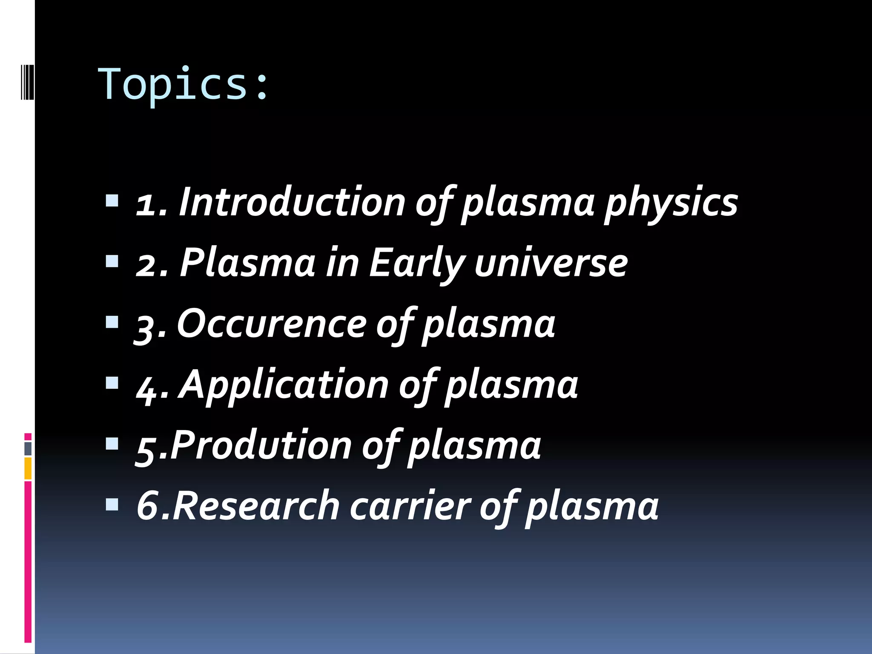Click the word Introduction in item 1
(292, 202)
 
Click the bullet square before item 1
(112, 200)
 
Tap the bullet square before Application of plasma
(112, 382)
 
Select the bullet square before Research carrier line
(112, 505)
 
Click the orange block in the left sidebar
(28, 468)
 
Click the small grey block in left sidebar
(28, 449)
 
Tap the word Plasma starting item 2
(247, 263)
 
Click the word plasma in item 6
(592, 508)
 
